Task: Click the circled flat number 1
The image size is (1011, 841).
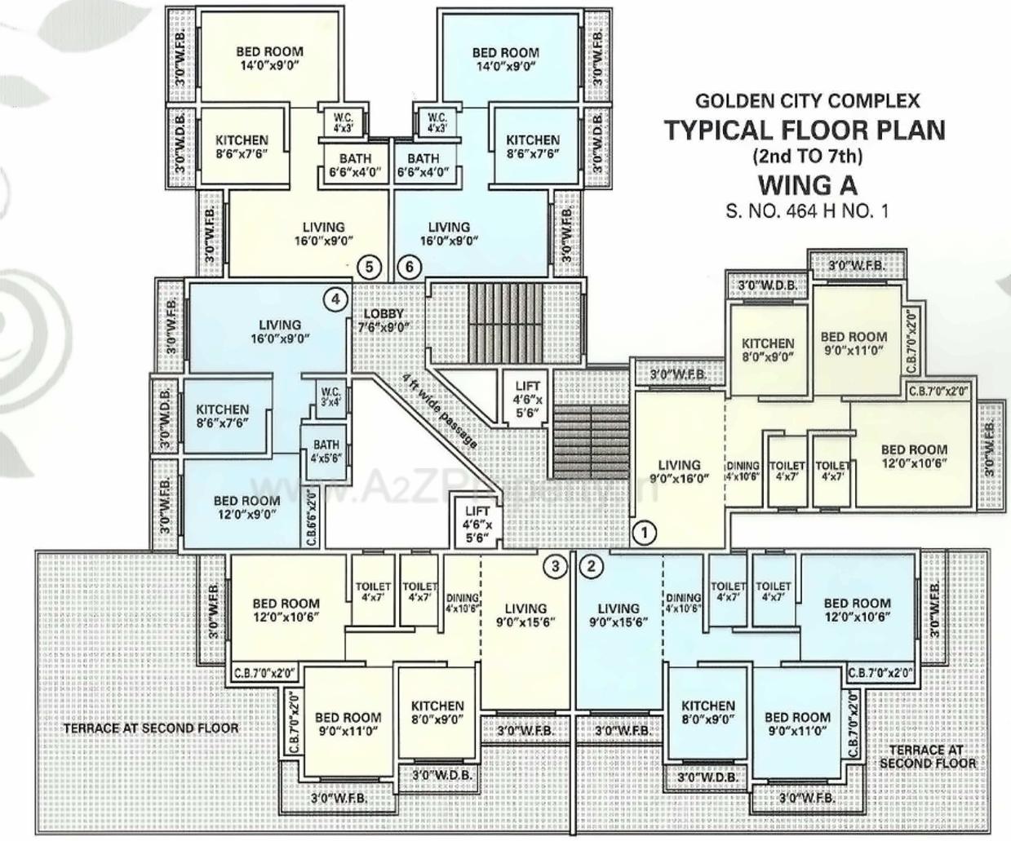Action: [644, 533]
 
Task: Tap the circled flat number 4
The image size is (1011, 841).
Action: [335, 299]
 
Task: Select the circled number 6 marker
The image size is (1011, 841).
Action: [410, 266]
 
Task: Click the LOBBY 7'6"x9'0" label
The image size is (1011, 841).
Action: [384, 321]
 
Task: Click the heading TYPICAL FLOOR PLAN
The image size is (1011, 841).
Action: [804, 131]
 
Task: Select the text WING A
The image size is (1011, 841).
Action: [808, 183]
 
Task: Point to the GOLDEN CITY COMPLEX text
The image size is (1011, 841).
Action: [807, 101]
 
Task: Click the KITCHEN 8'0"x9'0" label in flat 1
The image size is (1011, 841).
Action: [768, 349]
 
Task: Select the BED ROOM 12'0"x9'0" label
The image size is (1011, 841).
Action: [246, 507]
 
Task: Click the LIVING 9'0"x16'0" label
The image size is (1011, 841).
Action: [679, 471]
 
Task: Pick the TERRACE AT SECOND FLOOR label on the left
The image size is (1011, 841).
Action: [151, 728]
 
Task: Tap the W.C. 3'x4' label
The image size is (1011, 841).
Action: [330, 396]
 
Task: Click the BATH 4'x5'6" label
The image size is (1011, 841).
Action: [326, 451]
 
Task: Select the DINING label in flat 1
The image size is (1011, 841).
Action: [743, 471]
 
